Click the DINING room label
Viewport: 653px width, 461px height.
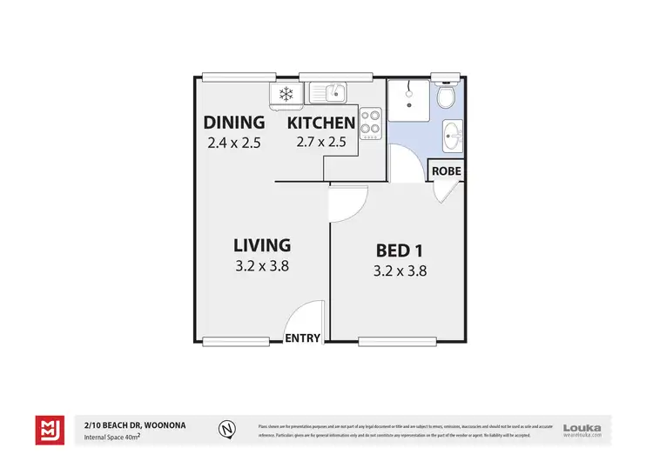coord(233,122)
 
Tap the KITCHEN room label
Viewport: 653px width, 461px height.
coord(323,122)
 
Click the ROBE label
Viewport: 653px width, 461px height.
coord(446,172)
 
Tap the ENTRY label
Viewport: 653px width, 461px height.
coord(303,338)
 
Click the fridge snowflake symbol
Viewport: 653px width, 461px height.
coord(285,94)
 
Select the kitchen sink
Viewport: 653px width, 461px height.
coord(328,90)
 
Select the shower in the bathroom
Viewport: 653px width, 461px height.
coord(408,101)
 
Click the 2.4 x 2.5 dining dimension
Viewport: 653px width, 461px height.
coord(234,143)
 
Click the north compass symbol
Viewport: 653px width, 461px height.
coord(226,428)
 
